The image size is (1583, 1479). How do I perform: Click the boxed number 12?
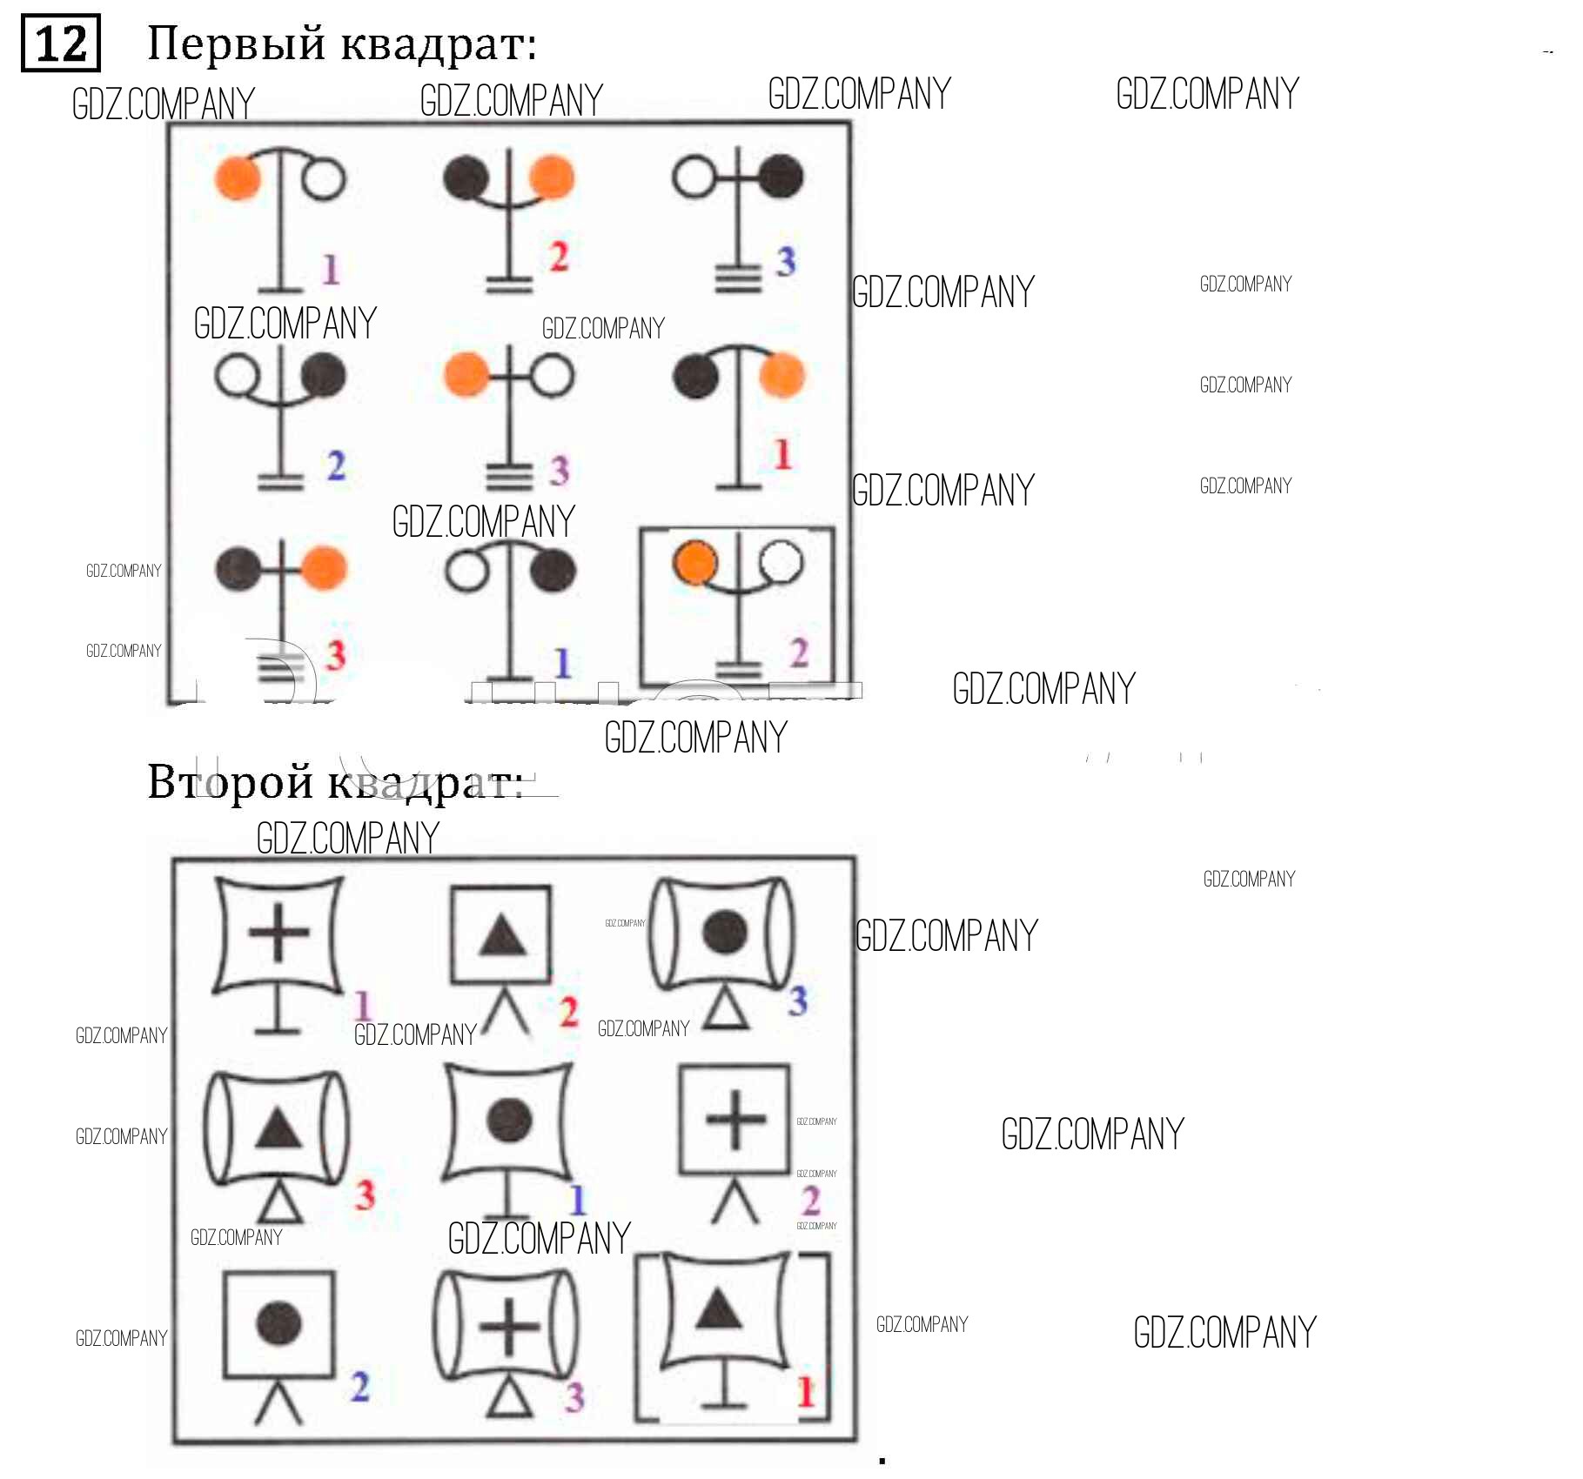60,43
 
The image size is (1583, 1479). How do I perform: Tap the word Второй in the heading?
230,781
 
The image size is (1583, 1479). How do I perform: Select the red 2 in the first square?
559,256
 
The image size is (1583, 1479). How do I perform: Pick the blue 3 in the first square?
786,261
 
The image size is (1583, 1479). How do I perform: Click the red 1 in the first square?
782,454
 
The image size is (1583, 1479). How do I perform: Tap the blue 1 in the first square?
563,664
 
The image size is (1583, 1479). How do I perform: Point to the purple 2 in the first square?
799,652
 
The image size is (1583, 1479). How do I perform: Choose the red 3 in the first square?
335,655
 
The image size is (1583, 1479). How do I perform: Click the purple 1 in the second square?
363,1007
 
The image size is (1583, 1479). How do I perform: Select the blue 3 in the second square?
797,1000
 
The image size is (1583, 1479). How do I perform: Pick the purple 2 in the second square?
810,1201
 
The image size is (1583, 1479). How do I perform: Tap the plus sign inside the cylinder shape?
509,1328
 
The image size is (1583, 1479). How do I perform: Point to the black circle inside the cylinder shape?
724,932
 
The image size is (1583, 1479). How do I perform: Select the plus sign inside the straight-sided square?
735,1119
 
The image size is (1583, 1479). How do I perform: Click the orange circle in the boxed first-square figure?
694,562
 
